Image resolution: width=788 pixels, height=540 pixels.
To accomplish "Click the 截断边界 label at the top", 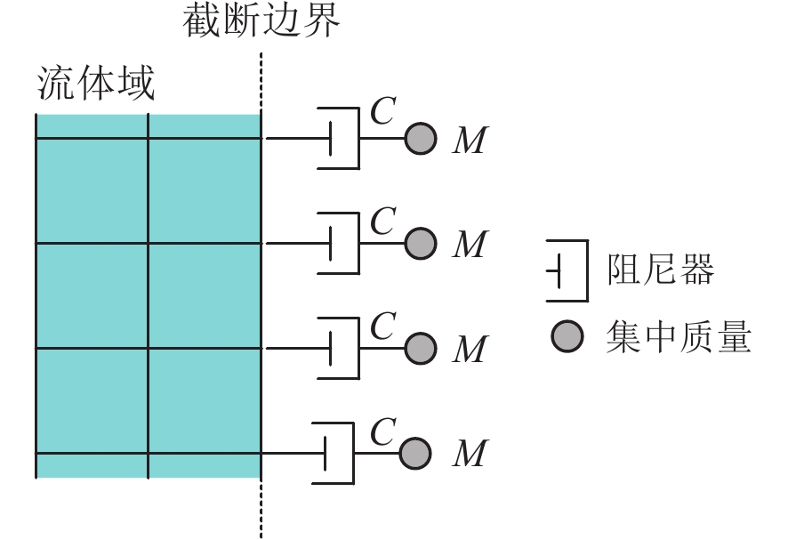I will click(x=261, y=21).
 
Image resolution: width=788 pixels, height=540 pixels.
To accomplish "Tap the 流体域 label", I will click(x=96, y=85).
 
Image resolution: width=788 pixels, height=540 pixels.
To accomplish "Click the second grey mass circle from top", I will click(x=421, y=243).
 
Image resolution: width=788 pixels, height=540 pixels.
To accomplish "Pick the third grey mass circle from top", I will click(x=421, y=348).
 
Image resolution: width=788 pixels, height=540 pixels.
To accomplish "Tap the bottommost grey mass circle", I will click(x=415, y=453).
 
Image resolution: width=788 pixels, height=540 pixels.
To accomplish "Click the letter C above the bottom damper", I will click(x=382, y=431).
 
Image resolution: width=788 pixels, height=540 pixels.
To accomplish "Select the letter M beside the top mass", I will click(x=470, y=141).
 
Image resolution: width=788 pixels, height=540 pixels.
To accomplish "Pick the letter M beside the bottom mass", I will click(x=470, y=455).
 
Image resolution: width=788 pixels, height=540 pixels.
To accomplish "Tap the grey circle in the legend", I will click(x=567, y=336).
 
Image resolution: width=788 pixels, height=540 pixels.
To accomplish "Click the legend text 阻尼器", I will click(x=661, y=270).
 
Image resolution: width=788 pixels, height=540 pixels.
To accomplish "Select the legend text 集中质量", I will click(x=679, y=337).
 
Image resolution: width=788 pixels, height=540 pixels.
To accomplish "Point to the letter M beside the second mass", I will click(x=470, y=246).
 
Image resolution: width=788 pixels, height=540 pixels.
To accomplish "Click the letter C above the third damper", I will click(x=382, y=326).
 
